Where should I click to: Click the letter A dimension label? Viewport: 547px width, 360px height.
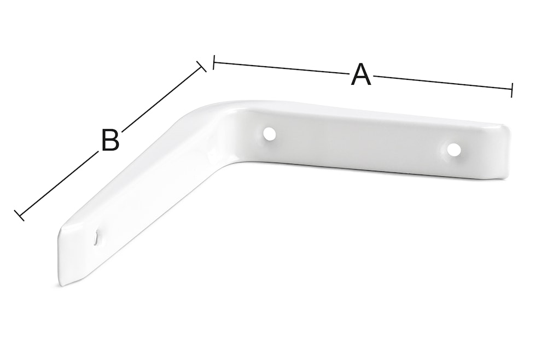(x=360, y=74)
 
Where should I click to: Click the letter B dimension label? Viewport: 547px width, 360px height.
(x=110, y=140)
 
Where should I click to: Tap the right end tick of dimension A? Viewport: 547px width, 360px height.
(x=511, y=90)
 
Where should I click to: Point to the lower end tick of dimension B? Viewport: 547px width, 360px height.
(x=19, y=215)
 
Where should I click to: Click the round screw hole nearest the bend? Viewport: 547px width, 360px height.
(x=269, y=133)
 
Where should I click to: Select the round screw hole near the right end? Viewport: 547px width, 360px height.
(x=453, y=149)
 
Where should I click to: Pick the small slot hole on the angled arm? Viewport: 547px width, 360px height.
(x=95, y=237)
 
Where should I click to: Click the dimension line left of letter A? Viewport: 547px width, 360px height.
(x=281, y=68)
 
